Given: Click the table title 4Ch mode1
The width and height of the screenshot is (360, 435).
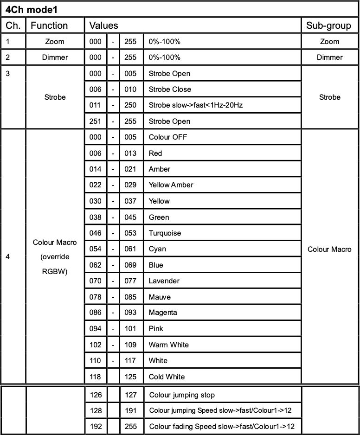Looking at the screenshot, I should tap(32, 9).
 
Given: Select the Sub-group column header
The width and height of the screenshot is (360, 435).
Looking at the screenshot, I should tap(328, 26).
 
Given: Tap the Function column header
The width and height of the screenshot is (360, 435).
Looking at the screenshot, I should tap(49, 26).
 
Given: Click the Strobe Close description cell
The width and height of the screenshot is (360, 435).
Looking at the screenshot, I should tap(170, 90).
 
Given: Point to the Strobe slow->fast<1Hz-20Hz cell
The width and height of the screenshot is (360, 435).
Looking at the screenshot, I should tap(196, 105).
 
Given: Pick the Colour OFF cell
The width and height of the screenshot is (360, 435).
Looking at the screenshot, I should tap(168, 137).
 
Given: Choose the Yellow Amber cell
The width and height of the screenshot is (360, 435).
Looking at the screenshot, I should tap(171, 185).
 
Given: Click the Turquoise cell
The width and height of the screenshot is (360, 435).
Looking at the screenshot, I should tap(165, 233).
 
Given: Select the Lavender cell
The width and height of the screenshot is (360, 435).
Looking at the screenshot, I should tap(164, 281).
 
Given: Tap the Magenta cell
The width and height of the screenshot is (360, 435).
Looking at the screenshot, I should tap(163, 313).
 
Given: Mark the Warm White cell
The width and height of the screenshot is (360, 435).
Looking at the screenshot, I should tap(168, 345).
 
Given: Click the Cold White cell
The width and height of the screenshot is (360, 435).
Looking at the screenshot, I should tap(167, 377).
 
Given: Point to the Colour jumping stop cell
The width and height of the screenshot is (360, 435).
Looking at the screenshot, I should tap(182, 396).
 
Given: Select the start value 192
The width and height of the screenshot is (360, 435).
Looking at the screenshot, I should tap(95, 426).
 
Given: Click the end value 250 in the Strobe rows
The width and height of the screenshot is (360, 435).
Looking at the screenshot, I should tap(130, 105).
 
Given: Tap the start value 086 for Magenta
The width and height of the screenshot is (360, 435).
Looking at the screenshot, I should tap(95, 313).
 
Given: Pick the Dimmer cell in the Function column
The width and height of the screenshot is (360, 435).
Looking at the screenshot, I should tap(55, 58).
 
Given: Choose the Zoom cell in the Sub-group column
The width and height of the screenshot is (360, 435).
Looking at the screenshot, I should tap(329, 42).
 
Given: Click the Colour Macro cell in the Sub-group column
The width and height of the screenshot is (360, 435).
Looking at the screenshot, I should tap(329, 249).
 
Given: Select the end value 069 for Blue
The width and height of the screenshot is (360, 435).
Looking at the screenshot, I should tap(130, 265).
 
